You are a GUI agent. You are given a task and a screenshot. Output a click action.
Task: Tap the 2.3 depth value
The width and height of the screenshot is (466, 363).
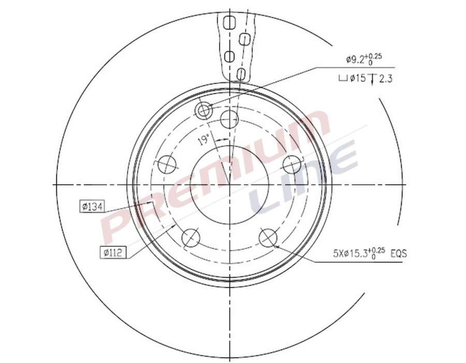386,79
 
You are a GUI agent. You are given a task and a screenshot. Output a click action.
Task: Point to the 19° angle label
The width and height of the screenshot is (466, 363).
204,139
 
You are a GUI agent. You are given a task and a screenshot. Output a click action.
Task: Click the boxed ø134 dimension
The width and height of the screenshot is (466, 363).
92,207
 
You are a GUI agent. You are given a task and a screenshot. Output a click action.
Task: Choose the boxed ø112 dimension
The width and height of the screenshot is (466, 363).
112,252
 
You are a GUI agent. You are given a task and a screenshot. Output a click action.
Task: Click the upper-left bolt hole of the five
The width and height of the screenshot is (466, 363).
167,164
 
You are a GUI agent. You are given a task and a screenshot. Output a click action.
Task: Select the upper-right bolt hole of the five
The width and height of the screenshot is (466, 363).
292,164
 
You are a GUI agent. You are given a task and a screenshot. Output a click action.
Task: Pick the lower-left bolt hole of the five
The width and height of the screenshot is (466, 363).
191,238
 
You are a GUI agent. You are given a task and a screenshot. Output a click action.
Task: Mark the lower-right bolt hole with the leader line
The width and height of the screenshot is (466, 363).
268,238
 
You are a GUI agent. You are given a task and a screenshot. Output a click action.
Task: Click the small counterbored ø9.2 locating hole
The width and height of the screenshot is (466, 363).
204,110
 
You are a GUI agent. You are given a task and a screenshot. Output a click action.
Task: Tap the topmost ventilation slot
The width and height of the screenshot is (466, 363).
228,22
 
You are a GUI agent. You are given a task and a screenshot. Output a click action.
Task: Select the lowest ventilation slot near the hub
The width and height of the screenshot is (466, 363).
240,73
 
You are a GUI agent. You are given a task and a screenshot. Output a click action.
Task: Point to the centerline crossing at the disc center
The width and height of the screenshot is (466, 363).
229,185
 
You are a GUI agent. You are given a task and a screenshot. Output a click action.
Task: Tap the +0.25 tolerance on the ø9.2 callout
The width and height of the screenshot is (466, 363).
375,57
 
